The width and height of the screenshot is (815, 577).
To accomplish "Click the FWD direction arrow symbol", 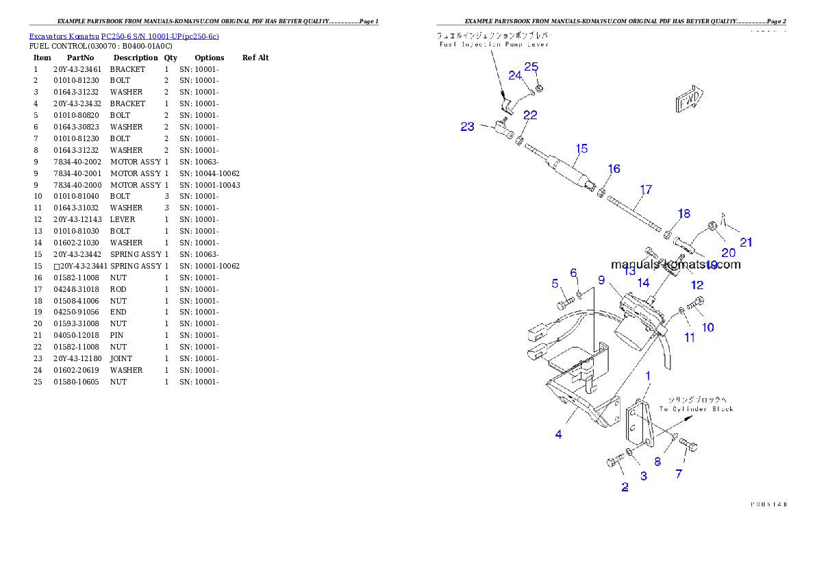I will pos(690,99).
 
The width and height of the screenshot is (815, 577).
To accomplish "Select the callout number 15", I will pos(581,149).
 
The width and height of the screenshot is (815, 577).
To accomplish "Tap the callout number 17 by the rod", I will pos(646,190).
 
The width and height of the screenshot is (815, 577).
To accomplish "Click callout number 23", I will pos(467,127).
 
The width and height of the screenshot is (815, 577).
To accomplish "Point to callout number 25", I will pos(531,67).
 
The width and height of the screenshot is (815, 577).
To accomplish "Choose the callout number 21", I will pos(746,242).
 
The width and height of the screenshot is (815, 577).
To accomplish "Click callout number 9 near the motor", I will pos(601,280).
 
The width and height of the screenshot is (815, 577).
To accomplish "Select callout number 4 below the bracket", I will pos(559,434).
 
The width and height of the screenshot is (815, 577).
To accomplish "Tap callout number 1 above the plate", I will pos(648,376).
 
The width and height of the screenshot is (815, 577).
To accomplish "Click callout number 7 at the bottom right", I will pos(679,474).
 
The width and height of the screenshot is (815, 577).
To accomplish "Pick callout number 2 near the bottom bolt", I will pos(625,487).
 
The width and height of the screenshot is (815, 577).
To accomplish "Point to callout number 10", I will pos(708,328).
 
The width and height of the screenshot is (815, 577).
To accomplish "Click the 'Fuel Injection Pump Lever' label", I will pos(494,45).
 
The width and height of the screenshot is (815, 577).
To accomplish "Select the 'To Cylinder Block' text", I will pos(697,409).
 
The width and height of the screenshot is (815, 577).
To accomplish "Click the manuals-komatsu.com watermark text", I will pos(675,265).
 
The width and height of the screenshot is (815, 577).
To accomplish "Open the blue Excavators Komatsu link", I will pos(124,36).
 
